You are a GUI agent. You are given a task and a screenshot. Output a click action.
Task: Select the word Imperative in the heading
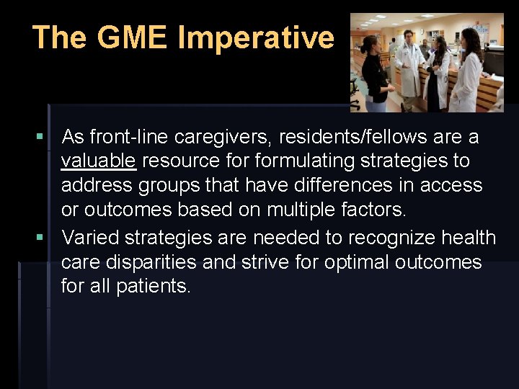[256, 37]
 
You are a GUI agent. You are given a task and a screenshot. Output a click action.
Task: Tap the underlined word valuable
[98, 161]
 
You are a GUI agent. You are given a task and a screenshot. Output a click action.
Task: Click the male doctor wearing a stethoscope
[410, 65]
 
